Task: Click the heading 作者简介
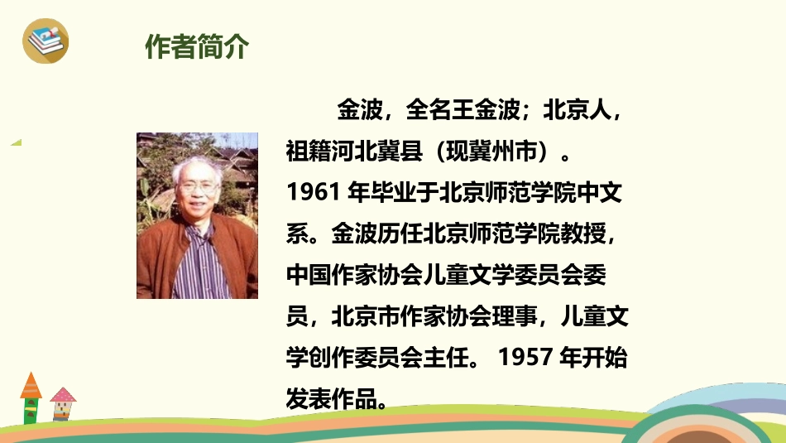(x=196, y=47)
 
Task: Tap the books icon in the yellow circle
(x=45, y=40)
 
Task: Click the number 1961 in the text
(x=309, y=192)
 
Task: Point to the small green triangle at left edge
(x=16, y=142)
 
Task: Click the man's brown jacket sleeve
(x=151, y=265)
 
